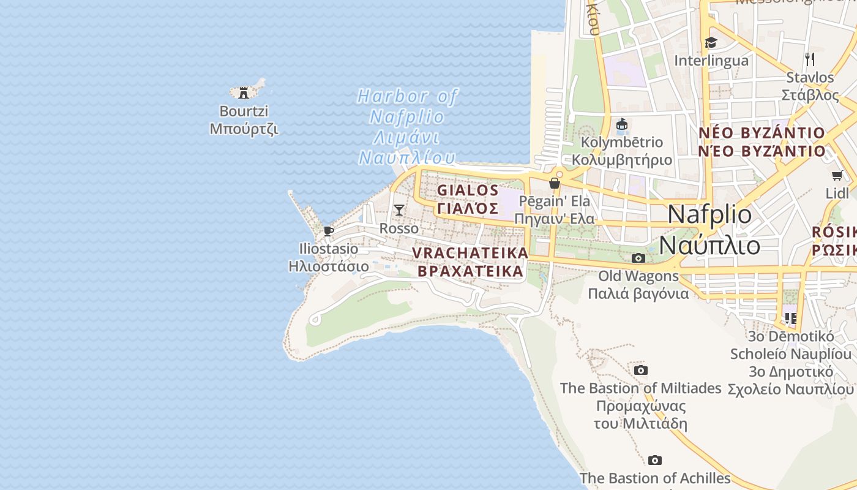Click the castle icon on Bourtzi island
244,93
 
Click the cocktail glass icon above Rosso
399,210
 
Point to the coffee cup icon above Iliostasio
328,231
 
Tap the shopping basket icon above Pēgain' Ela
555,183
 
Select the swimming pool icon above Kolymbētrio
622,125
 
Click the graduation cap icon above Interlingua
711,42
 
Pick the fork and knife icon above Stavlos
810,59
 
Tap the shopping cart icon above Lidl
837,176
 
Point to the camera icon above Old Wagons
638,258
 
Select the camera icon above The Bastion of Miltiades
641,370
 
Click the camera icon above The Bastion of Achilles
655,460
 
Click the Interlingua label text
711,61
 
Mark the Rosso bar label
399,228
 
